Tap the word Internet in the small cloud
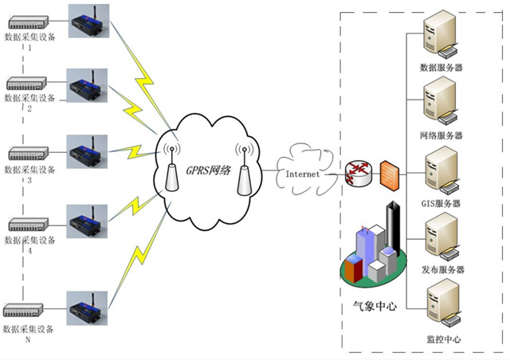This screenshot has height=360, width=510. click(x=303, y=174)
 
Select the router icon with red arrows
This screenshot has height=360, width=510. click(x=359, y=173)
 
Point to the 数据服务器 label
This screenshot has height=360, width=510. click(x=441, y=68)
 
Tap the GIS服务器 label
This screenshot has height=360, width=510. click(x=441, y=204)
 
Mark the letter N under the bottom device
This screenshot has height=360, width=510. click(x=29, y=339)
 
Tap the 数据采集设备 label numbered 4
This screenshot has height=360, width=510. click(x=30, y=241)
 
